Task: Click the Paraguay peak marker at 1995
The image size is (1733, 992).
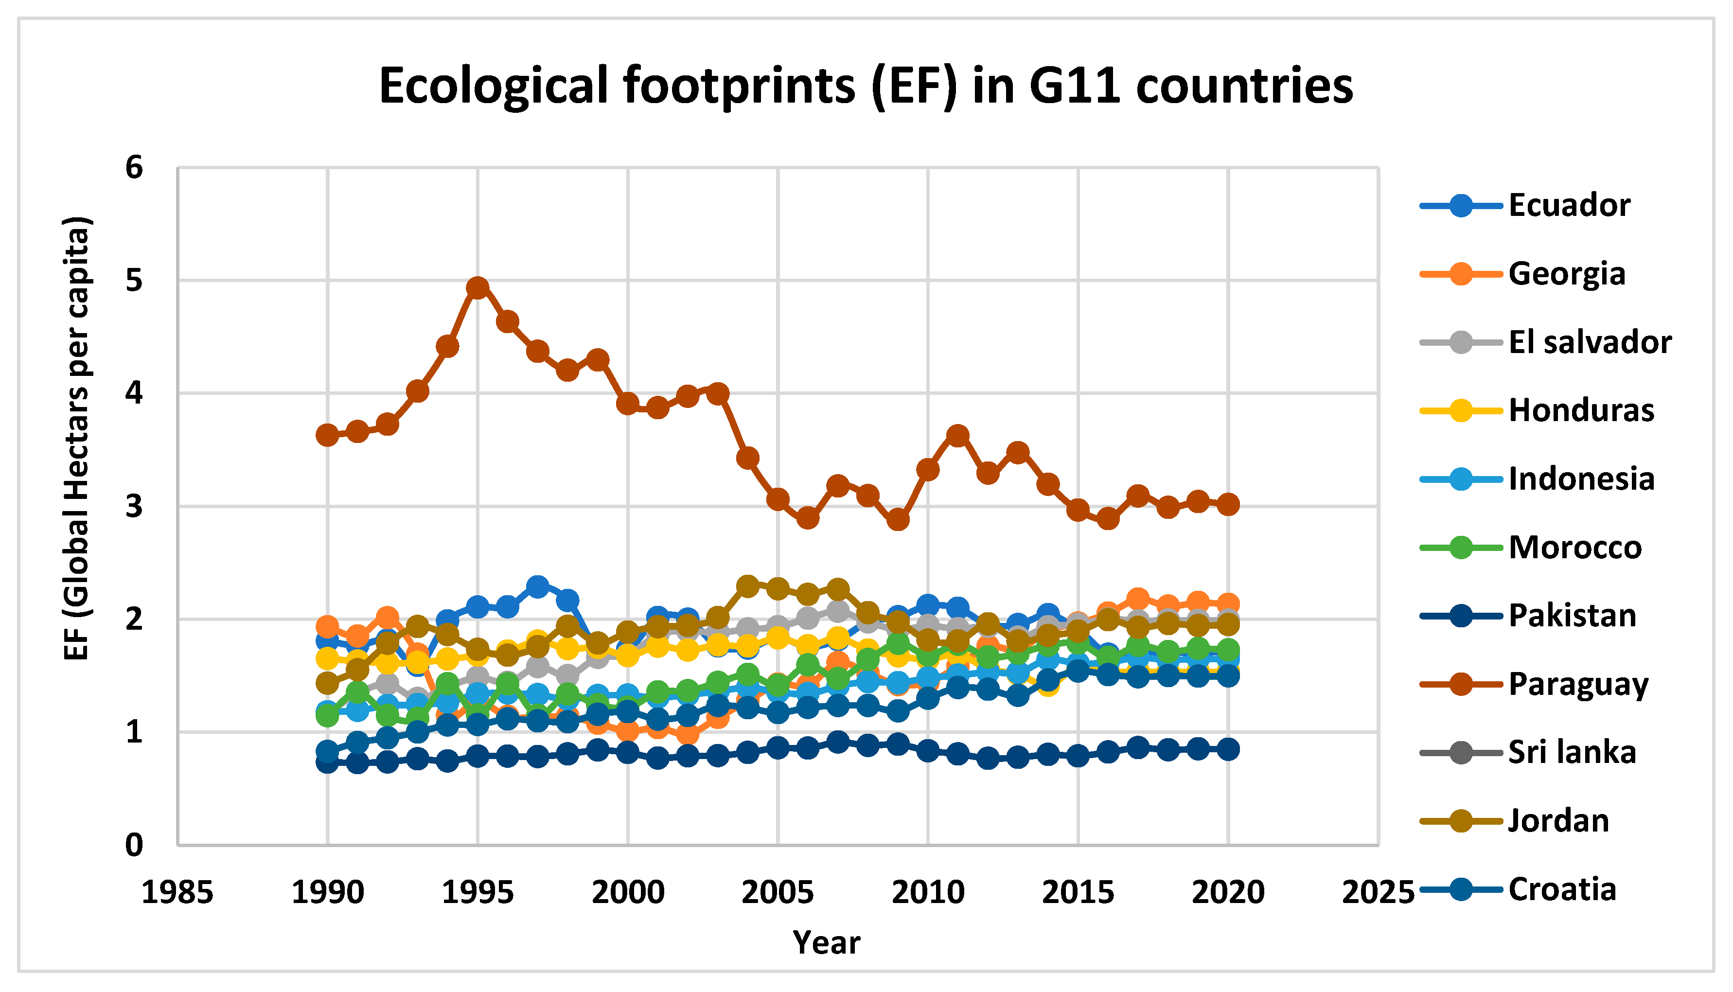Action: pos(477,287)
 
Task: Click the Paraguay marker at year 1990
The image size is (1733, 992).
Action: pos(328,435)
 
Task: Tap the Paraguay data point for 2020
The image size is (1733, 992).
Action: pos(1228,504)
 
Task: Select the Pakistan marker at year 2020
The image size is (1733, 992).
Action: pos(1228,749)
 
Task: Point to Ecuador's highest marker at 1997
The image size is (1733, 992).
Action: pos(537,586)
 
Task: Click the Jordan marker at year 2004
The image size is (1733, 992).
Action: pos(748,585)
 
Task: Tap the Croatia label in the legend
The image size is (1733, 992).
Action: pos(1561,889)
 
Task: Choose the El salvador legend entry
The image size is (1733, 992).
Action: pos(1589,342)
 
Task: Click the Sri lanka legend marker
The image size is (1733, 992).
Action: pos(1461,753)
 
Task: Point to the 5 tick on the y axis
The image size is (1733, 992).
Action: pos(135,280)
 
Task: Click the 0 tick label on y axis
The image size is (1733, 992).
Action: pos(135,846)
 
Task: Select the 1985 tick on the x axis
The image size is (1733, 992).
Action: pos(177,892)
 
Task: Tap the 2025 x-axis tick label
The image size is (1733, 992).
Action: pos(1378,892)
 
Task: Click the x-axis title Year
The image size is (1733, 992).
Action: pos(826,942)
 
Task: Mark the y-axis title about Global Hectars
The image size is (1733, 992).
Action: pos(76,438)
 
